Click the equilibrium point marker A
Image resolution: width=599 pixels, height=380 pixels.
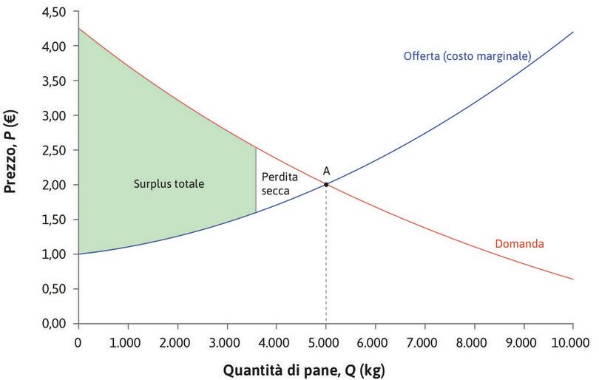pyautogui.click(x=326, y=185)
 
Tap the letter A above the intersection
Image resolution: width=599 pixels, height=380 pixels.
pyautogui.click(x=326, y=171)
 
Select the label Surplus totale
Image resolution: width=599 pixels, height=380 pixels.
pyautogui.click(x=169, y=183)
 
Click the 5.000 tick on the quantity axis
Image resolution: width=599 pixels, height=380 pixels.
pyautogui.click(x=326, y=342)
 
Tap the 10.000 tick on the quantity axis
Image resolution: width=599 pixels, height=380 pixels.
pyautogui.click(x=572, y=342)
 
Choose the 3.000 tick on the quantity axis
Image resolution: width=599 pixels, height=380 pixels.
pyautogui.click(x=227, y=342)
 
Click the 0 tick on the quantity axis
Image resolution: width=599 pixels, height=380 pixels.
pyautogui.click(x=78, y=342)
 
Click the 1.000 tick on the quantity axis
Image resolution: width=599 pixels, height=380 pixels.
pyautogui.click(x=128, y=342)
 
